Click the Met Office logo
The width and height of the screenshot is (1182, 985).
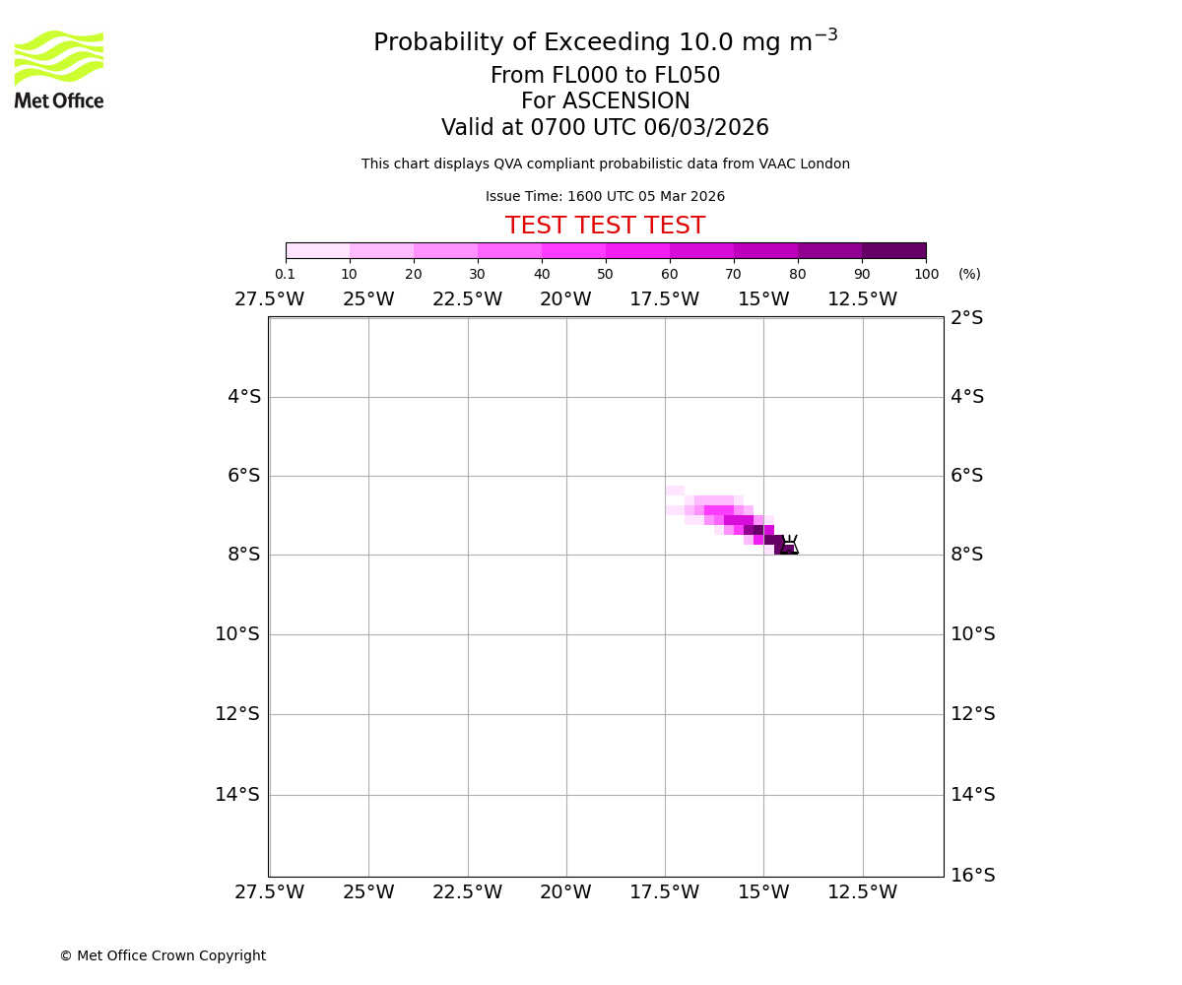click(x=59, y=69)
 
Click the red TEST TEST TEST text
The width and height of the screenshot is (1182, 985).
click(x=605, y=227)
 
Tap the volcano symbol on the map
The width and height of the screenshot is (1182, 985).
click(x=789, y=546)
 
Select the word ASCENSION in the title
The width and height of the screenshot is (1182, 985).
click(x=626, y=101)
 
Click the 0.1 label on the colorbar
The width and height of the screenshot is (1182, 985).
click(x=285, y=274)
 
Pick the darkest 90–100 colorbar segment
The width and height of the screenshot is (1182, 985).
click(x=893, y=250)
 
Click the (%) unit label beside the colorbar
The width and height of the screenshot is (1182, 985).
click(x=969, y=274)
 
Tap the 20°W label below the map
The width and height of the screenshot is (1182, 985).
click(x=565, y=892)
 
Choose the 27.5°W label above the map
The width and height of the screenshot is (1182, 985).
click(x=269, y=299)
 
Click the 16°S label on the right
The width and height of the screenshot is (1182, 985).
click(x=972, y=875)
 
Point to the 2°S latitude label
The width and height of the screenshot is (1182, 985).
click(x=966, y=318)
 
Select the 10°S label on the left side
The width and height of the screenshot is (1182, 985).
click(x=237, y=634)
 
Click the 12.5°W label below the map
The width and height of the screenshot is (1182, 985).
click(x=862, y=892)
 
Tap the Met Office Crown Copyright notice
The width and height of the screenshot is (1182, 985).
click(x=163, y=956)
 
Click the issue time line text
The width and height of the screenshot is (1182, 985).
click(x=605, y=197)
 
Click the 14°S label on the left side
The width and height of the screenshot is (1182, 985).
click(x=237, y=794)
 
